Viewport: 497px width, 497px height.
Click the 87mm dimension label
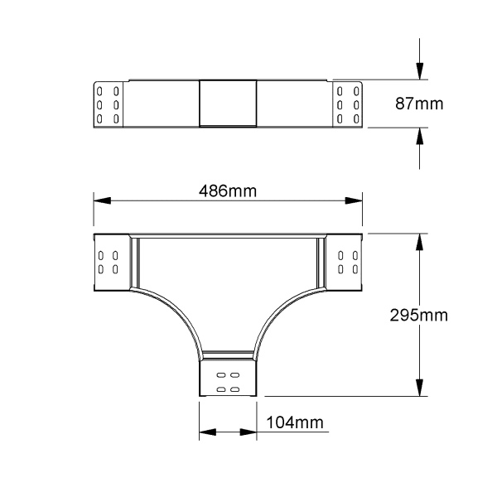pos(419,104)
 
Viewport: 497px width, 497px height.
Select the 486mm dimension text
pos(228,191)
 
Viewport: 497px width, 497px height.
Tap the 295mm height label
pos(418,316)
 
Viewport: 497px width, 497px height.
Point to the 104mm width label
pos(295,422)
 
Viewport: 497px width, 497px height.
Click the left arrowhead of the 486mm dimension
pos(102,200)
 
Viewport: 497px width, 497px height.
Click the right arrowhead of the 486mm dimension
pos(354,200)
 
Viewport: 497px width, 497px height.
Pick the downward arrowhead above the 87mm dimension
pos(420,71)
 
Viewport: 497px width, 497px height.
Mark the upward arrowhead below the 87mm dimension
pos(420,137)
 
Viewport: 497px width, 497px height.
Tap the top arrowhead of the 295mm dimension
pos(420,242)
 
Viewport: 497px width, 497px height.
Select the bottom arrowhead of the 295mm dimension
pos(420,388)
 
